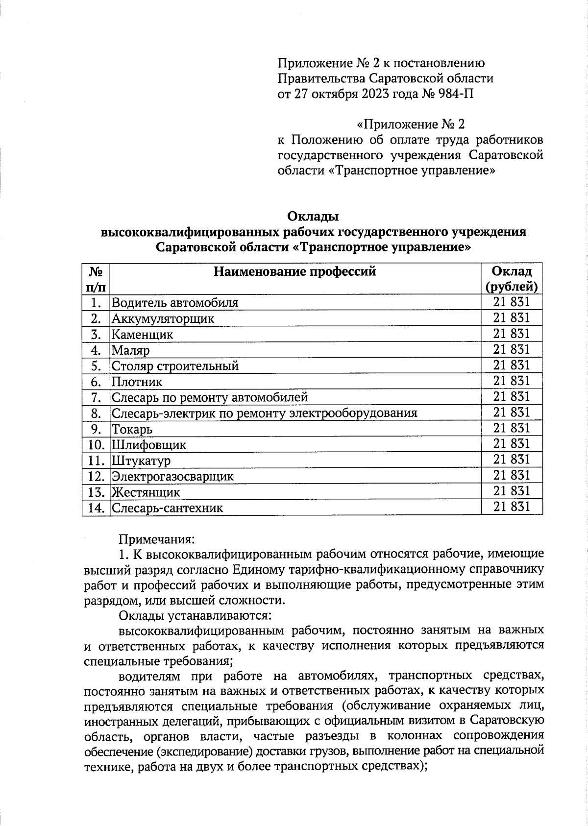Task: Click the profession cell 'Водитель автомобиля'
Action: pyautogui.click(x=175, y=302)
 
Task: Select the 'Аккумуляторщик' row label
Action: pyautogui.click(x=163, y=318)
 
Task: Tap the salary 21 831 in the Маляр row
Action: pyautogui.click(x=512, y=349)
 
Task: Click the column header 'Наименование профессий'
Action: pyautogui.click(x=295, y=271)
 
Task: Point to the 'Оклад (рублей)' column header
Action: pyautogui.click(x=512, y=278)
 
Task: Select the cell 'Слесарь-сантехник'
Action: pyautogui.click(x=167, y=508)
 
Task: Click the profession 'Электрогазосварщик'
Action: pyautogui.click(x=172, y=476)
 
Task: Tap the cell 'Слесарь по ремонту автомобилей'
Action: pyautogui.click(x=210, y=397)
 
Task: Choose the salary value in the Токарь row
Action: pyautogui.click(x=512, y=428)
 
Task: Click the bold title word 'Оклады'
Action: pyautogui.click(x=313, y=216)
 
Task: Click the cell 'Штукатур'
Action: pyautogui.click(x=141, y=461)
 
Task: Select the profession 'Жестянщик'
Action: pyautogui.click(x=146, y=492)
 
